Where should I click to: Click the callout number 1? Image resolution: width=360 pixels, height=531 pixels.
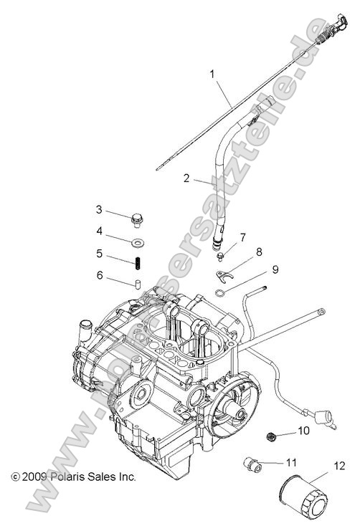[x=212, y=73]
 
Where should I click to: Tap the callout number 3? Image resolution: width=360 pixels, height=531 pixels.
[x=100, y=209]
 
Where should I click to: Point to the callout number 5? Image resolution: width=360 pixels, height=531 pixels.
[x=100, y=254]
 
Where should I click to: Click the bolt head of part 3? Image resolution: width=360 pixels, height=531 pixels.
[x=137, y=216]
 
